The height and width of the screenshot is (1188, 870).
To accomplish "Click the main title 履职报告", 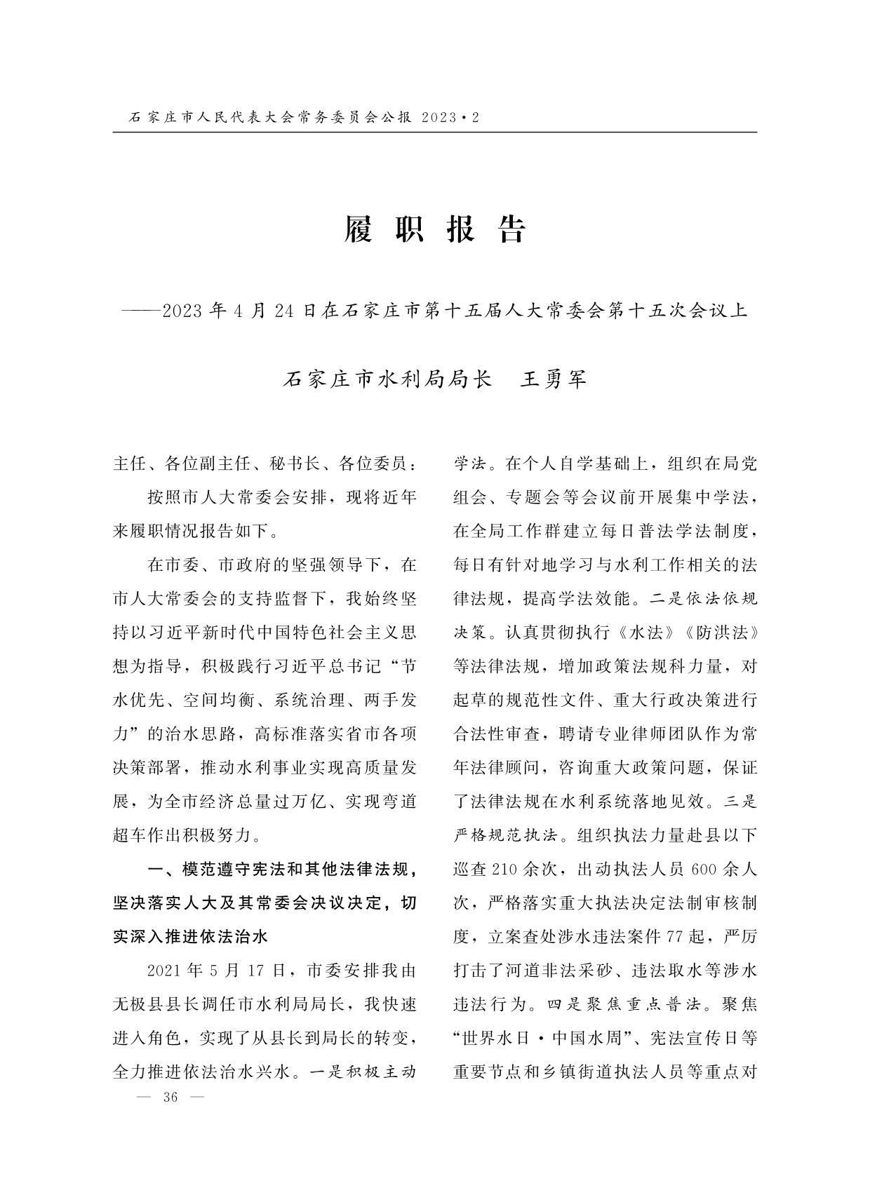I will tap(434, 229).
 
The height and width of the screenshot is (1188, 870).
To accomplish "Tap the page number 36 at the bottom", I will tap(170, 1098).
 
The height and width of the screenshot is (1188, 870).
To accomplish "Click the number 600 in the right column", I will tap(703, 870).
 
